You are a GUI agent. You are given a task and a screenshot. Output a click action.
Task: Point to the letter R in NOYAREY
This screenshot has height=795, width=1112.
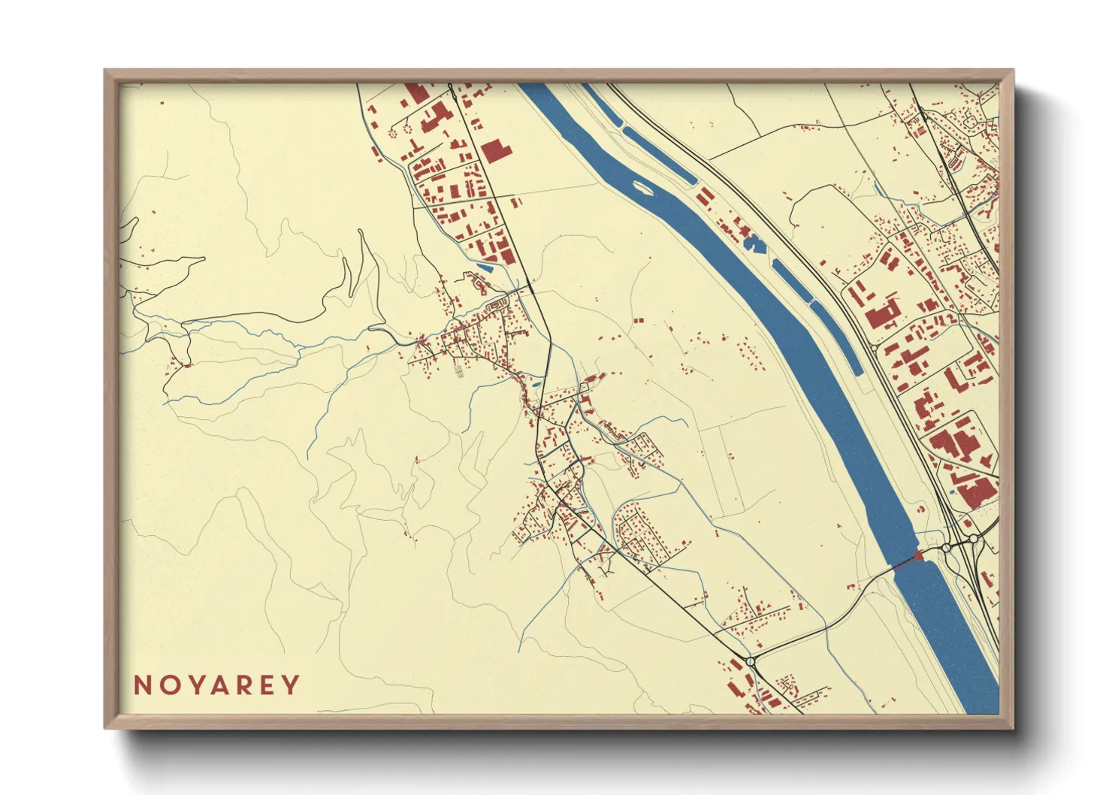click(243, 685)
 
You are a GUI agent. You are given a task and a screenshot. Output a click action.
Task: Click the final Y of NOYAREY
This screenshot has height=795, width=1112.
click(291, 685)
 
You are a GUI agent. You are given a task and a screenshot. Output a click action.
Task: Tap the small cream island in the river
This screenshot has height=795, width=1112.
click(643, 186)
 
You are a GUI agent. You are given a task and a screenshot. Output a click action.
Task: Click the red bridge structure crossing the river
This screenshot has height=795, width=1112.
click(916, 557)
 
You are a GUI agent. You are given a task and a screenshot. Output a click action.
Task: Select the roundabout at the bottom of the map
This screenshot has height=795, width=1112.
click(750, 661)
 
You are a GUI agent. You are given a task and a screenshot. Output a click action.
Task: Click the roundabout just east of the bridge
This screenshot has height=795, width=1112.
click(945, 549)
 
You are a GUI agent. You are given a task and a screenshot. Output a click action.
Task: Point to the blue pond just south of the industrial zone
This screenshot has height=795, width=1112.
click(485, 265)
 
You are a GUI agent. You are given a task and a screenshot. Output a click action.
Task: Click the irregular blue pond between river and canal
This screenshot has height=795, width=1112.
click(751, 242)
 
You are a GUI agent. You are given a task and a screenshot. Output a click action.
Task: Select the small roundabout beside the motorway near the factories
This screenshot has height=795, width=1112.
click(973, 539)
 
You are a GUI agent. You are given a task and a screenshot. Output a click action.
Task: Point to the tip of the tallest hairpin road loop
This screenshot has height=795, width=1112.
click(361, 231)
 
